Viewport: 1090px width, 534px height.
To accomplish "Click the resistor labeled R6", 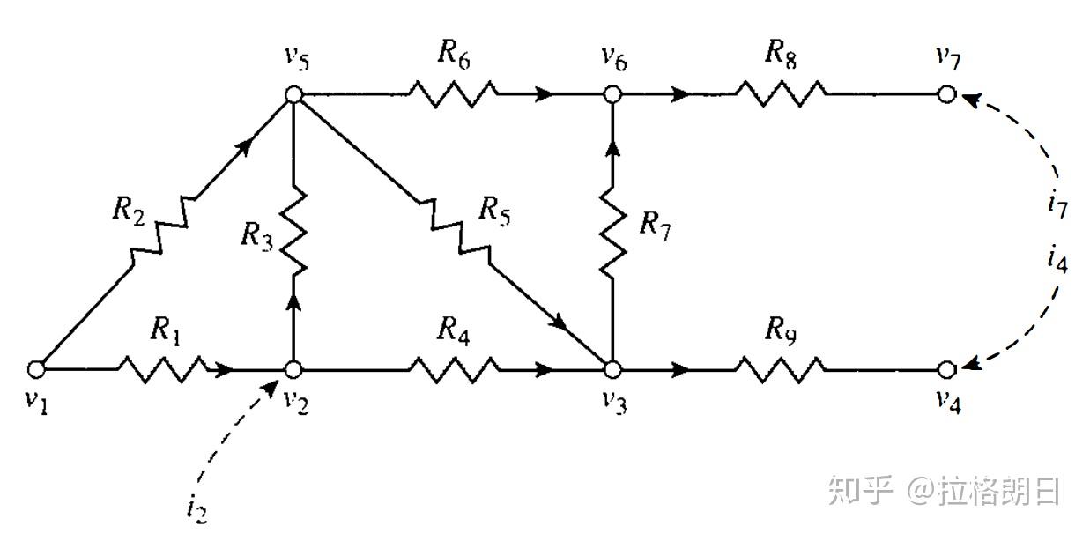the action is pyautogui.click(x=453, y=94).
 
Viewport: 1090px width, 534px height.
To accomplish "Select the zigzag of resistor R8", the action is pyautogui.click(x=781, y=94).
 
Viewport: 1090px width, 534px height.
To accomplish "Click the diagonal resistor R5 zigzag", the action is pyautogui.click(x=453, y=230).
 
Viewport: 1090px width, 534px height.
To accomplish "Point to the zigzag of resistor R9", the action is pyautogui.click(x=781, y=370).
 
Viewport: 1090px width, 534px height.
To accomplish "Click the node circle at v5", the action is pyautogui.click(x=293, y=94).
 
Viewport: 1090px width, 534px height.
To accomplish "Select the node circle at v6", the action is pyautogui.click(x=612, y=94).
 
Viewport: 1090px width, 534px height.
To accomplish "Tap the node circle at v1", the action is pyautogui.click(x=36, y=370).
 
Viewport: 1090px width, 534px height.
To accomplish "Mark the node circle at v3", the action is pyautogui.click(x=612, y=370).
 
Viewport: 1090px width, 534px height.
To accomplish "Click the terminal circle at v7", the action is pyautogui.click(x=946, y=94).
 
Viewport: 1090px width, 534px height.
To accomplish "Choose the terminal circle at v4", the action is pyautogui.click(x=946, y=370).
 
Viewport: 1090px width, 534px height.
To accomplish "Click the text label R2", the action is pyautogui.click(x=129, y=211).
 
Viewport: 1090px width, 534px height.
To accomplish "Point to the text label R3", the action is pyautogui.click(x=257, y=236).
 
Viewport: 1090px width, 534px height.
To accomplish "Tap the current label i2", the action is pyautogui.click(x=196, y=508).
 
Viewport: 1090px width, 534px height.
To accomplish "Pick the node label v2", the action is pyautogui.click(x=296, y=401).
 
